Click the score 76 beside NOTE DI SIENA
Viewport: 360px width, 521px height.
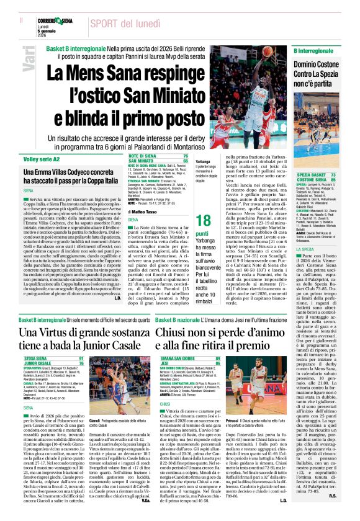click(x=184, y=156)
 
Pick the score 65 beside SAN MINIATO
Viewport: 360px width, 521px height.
click(x=184, y=160)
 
